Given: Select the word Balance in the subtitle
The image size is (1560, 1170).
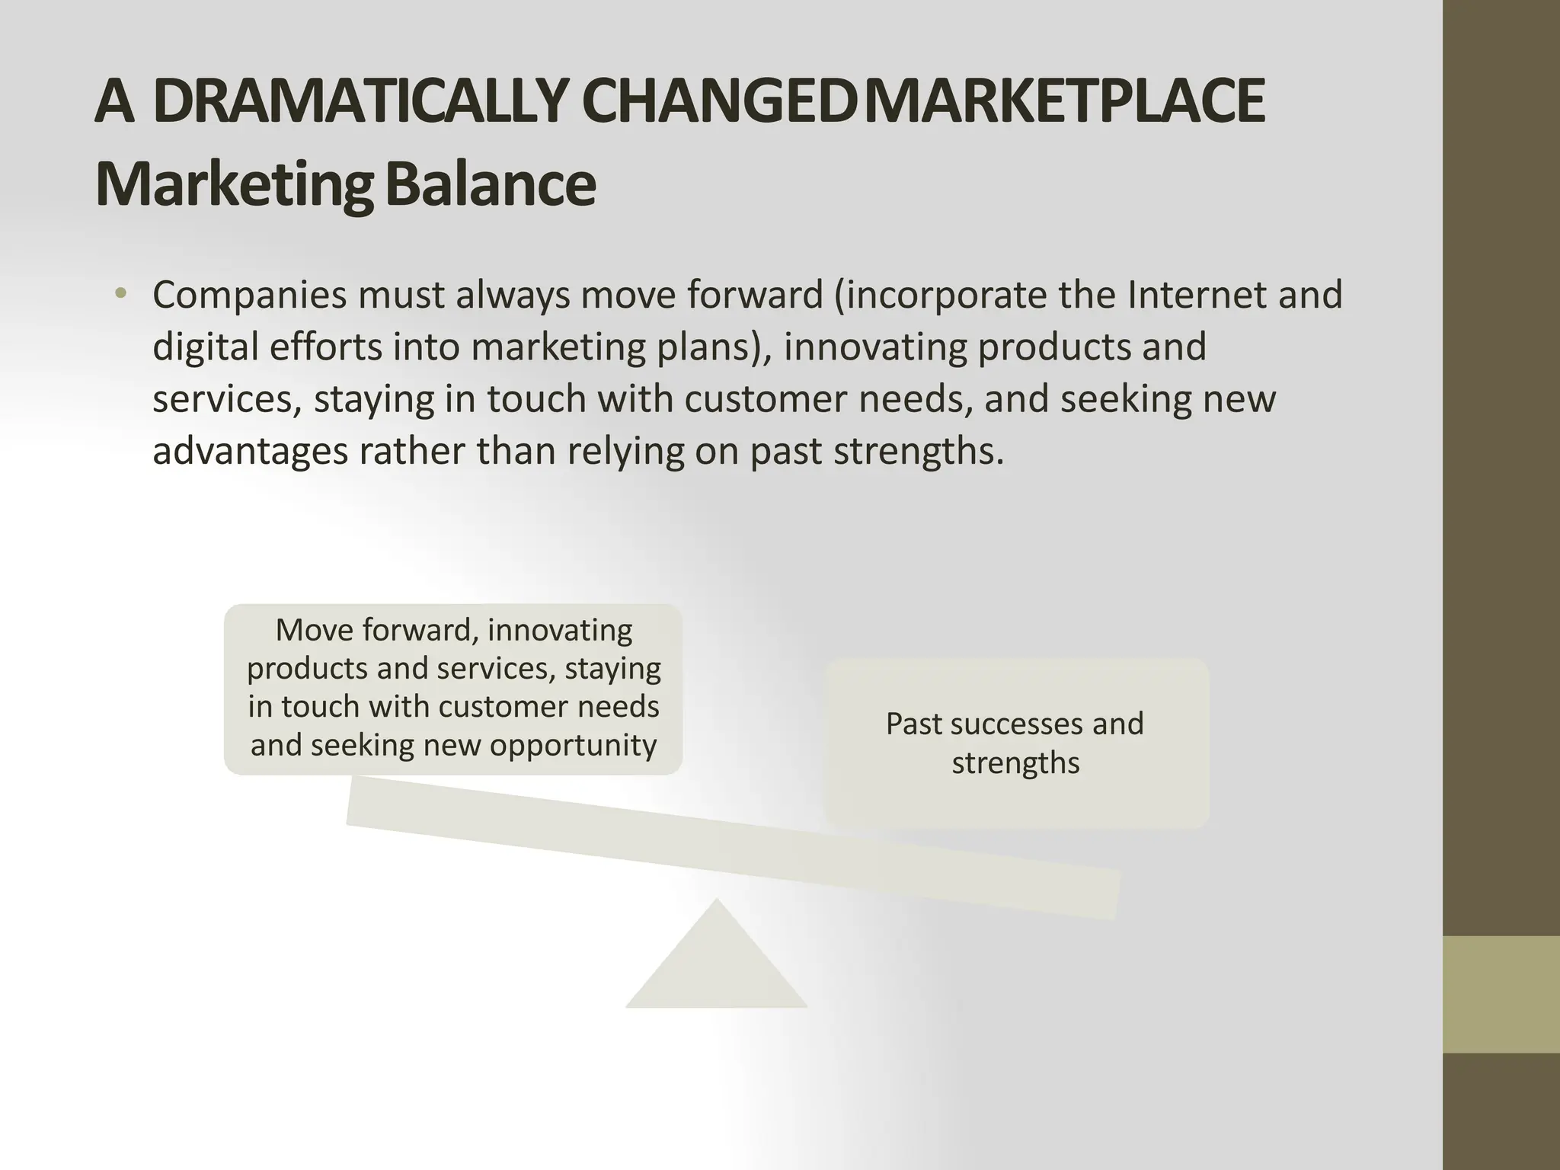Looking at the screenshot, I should (490, 185).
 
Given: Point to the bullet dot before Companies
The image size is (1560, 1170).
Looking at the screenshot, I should (120, 294).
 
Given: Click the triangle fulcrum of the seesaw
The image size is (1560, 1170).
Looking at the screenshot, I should (716, 964).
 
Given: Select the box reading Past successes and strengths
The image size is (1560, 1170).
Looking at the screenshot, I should (1018, 743).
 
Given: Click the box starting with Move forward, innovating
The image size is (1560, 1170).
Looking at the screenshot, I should (453, 689).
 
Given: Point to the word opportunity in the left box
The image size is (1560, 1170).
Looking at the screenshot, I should (573, 744).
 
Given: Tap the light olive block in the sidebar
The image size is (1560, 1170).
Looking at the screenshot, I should (1501, 994).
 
